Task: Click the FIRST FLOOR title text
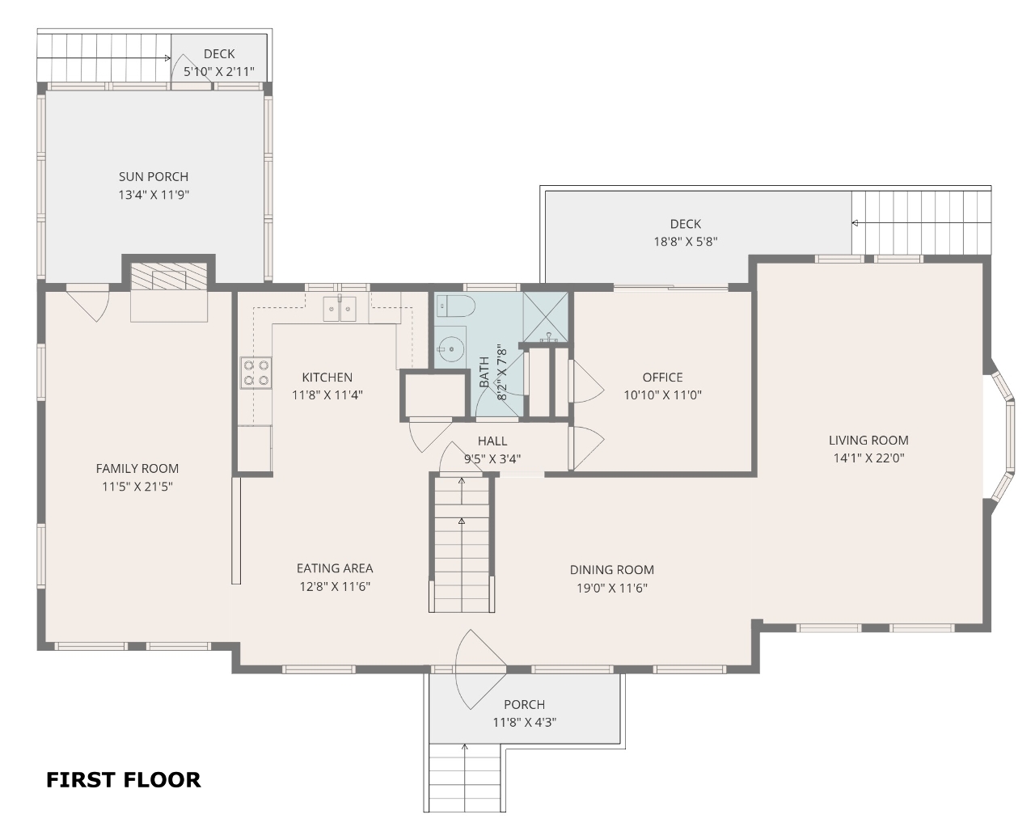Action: (x=123, y=780)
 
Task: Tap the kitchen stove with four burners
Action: (x=256, y=373)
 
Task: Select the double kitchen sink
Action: (x=340, y=309)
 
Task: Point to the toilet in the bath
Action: (x=455, y=306)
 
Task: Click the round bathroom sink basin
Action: (x=450, y=348)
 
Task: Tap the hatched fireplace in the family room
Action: (x=169, y=276)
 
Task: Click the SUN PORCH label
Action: (x=154, y=176)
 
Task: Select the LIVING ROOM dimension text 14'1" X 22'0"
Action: (x=868, y=458)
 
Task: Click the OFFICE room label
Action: (x=662, y=377)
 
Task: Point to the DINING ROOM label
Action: (x=612, y=570)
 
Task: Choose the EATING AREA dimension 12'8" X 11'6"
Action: (x=335, y=587)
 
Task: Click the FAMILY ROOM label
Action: (x=137, y=468)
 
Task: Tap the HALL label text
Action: (x=492, y=441)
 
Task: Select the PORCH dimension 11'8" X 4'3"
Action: (x=524, y=722)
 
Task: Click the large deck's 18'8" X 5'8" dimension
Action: (x=686, y=242)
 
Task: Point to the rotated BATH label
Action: (x=484, y=372)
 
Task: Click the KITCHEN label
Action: (x=327, y=377)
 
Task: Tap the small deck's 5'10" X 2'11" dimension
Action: (x=219, y=72)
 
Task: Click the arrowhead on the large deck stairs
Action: (x=855, y=222)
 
